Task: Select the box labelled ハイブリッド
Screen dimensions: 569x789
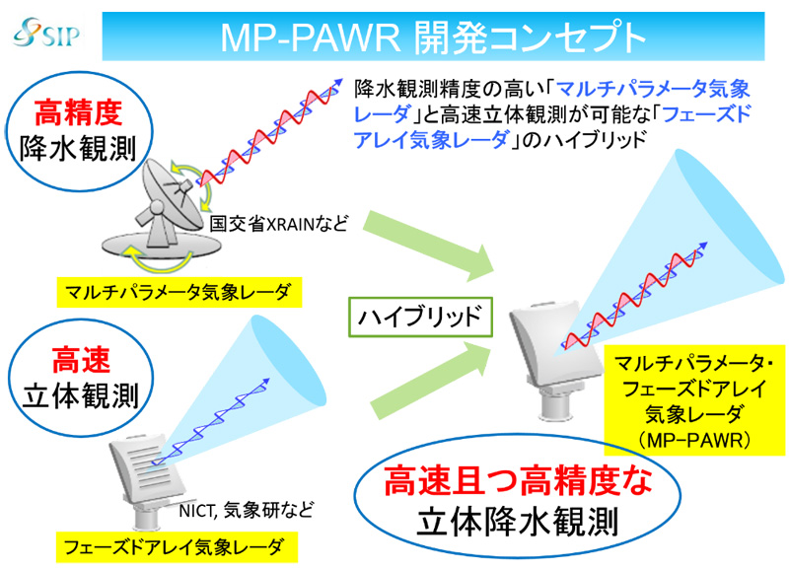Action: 420,317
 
